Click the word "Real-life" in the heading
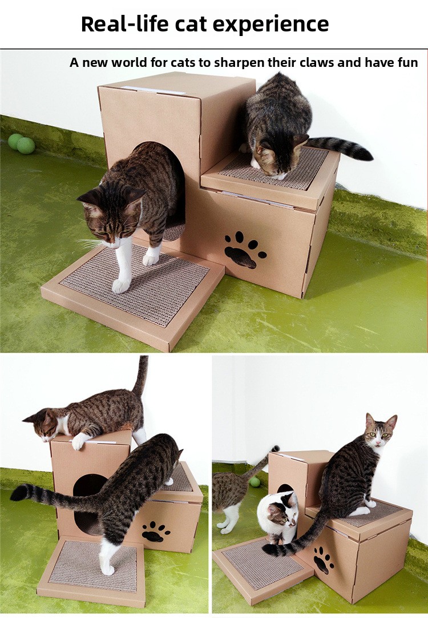click(x=124, y=23)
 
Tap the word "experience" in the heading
click(x=273, y=25)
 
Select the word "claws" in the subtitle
click(x=315, y=62)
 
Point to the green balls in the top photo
click(x=21, y=143)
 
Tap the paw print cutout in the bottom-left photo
click(x=155, y=532)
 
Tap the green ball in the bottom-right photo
click(x=255, y=481)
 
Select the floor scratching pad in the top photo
click(x=133, y=290)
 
